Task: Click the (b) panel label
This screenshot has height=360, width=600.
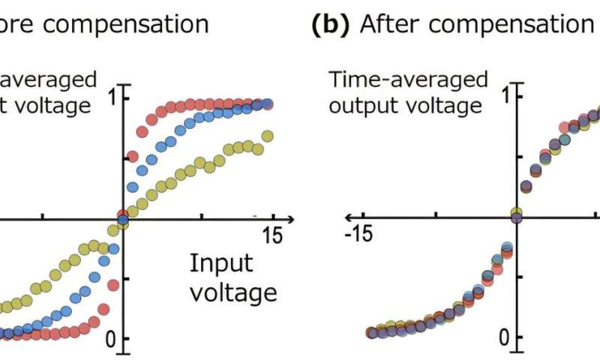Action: click(x=331, y=24)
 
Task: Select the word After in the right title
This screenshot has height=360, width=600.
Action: click(x=390, y=24)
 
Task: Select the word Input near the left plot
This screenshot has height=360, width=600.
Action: click(x=221, y=263)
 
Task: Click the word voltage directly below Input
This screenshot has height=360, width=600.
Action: click(x=233, y=291)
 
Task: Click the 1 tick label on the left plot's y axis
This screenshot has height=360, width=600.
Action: click(x=112, y=97)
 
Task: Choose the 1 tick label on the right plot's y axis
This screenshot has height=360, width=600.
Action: click(x=507, y=97)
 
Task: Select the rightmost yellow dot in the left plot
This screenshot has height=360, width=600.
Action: click(x=267, y=136)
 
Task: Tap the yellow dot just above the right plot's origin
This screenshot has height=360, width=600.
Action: click(x=516, y=213)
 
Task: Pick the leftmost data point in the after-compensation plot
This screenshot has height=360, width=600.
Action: click(x=370, y=332)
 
